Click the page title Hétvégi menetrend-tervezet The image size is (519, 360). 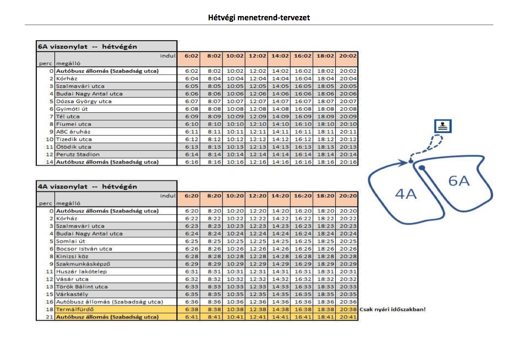click(259, 18)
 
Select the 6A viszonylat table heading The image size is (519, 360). click(87, 46)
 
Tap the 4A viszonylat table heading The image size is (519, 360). click(87, 186)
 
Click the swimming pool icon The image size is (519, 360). click(442, 126)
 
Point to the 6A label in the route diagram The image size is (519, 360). click(459, 180)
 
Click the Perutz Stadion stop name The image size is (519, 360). click(78, 154)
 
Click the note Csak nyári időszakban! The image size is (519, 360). click(392, 309)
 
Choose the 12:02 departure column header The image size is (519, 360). click(257, 56)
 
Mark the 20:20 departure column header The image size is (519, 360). click(347, 196)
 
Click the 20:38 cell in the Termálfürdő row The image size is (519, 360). click(347, 309)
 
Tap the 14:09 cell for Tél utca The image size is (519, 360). click(280, 117)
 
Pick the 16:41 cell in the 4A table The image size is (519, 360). click(302, 317)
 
